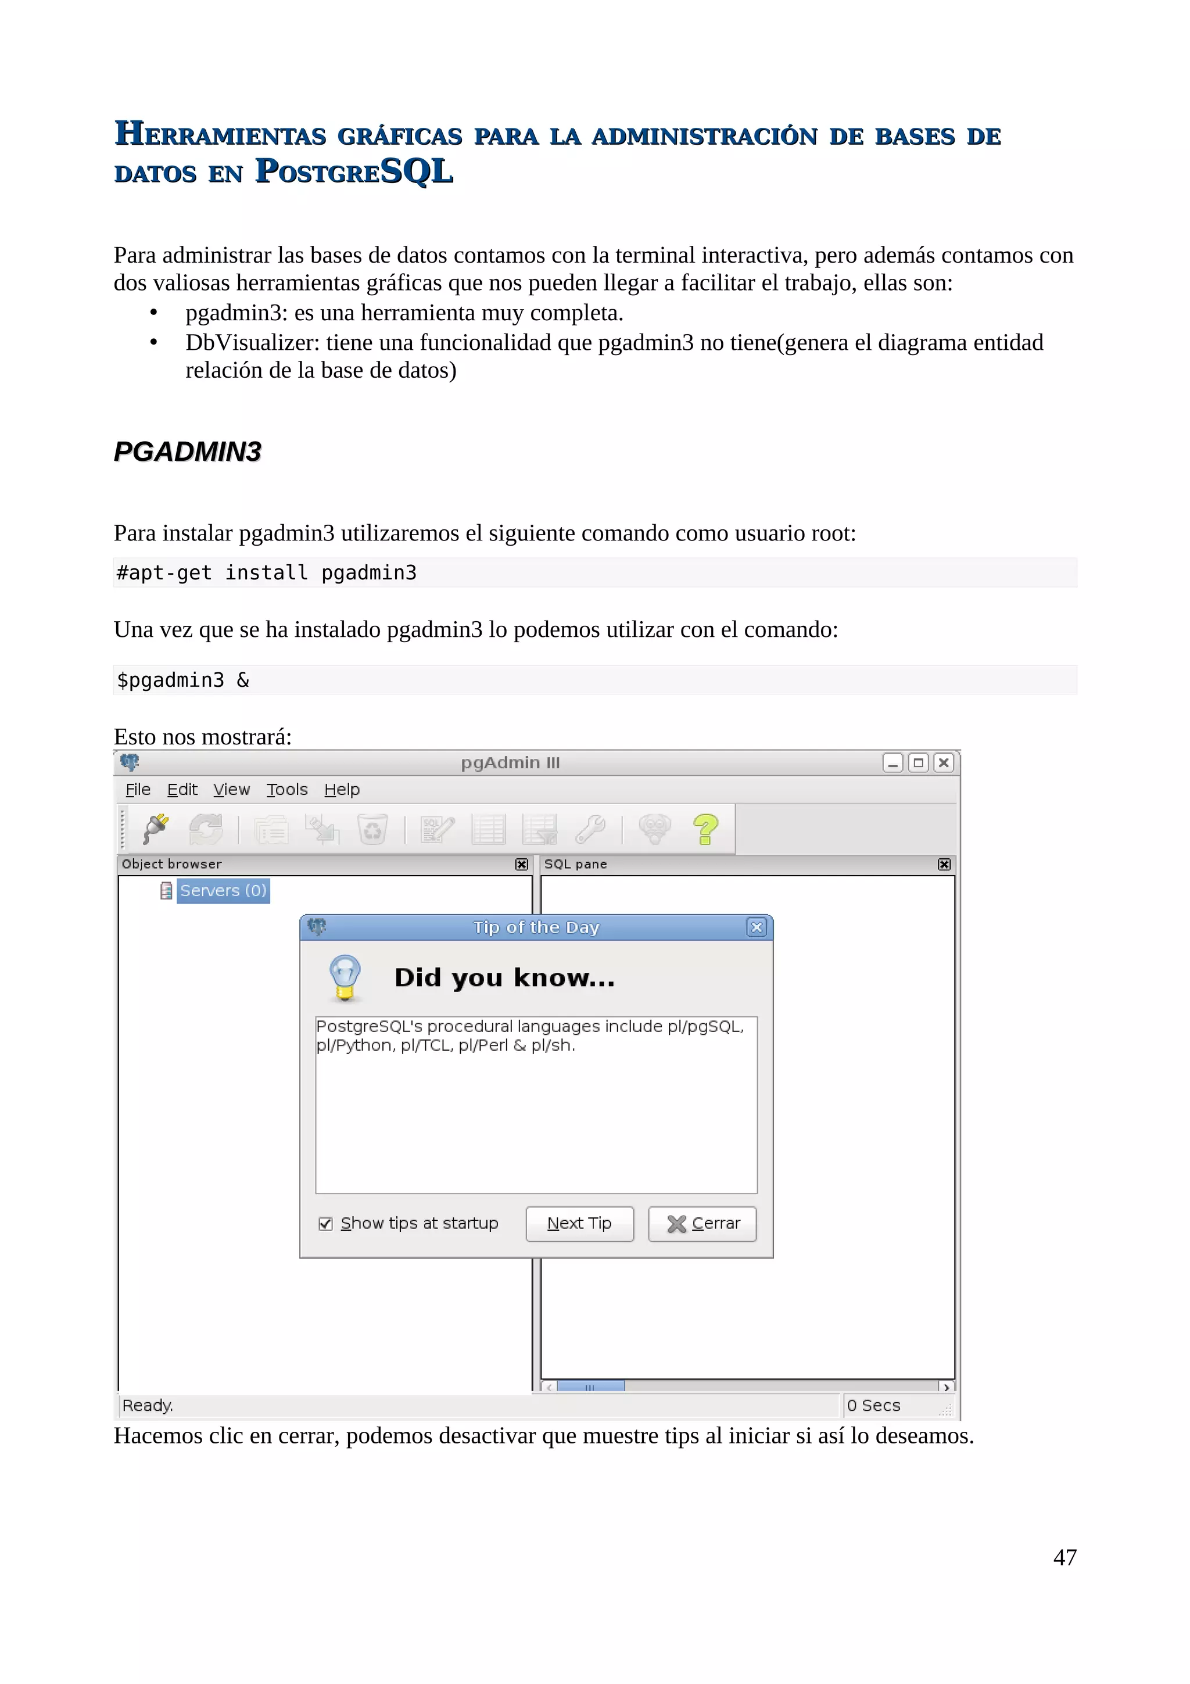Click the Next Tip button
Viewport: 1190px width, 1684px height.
(579, 1223)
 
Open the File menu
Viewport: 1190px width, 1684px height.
(138, 789)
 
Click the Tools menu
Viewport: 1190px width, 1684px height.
(286, 789)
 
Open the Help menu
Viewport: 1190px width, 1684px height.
(342, 789)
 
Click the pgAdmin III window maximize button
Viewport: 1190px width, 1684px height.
(918, 763)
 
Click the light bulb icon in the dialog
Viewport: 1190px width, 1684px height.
(345, 978)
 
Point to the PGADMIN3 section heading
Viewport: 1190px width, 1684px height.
(188, 451)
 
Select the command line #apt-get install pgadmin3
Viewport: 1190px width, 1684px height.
(267, 572)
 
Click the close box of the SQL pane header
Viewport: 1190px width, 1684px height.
(944, 864)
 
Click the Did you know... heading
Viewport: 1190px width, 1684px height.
(504, 978)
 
